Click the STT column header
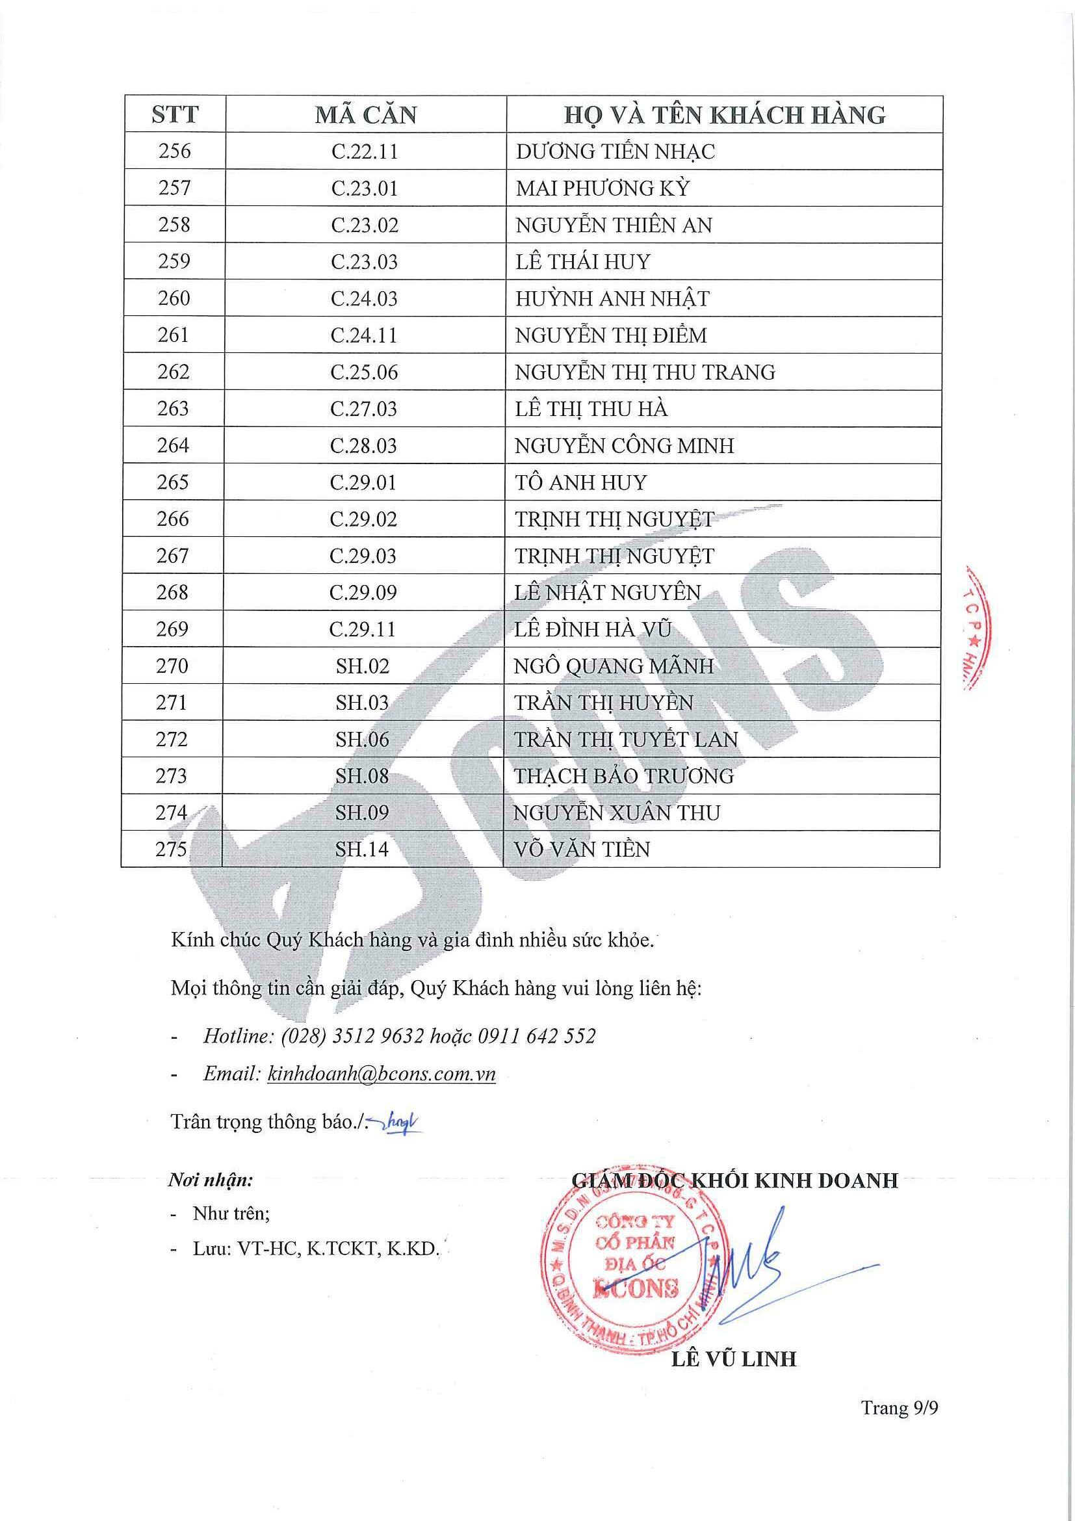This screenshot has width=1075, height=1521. [175, 114]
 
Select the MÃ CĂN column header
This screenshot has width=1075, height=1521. [366, 114]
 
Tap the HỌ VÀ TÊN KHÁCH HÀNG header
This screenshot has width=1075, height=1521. [725, 114]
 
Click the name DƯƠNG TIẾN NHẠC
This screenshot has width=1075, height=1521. [615, 151]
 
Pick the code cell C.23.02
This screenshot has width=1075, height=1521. [365, 226]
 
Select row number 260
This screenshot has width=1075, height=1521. [174, 298]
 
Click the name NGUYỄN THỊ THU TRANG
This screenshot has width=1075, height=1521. [645, 372]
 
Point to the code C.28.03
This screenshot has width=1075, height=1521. [363, 446]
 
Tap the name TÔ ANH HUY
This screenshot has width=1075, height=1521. [580, 482]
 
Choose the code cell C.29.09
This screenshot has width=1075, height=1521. [363, 592]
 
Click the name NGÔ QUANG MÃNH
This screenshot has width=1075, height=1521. [614, 666]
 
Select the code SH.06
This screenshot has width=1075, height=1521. [362, 739]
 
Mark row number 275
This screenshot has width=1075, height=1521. [171, 849]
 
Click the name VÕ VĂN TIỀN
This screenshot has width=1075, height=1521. [582, 850]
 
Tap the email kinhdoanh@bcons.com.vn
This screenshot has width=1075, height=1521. [381, 1074]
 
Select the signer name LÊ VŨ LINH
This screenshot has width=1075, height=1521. [733, 1359]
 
